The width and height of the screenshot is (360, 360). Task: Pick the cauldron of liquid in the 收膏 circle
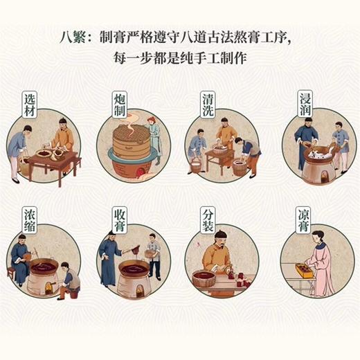pyautogui.click(x=132, y=267)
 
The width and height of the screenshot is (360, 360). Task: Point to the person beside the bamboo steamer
pyautogui.click(x=154, y=138)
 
